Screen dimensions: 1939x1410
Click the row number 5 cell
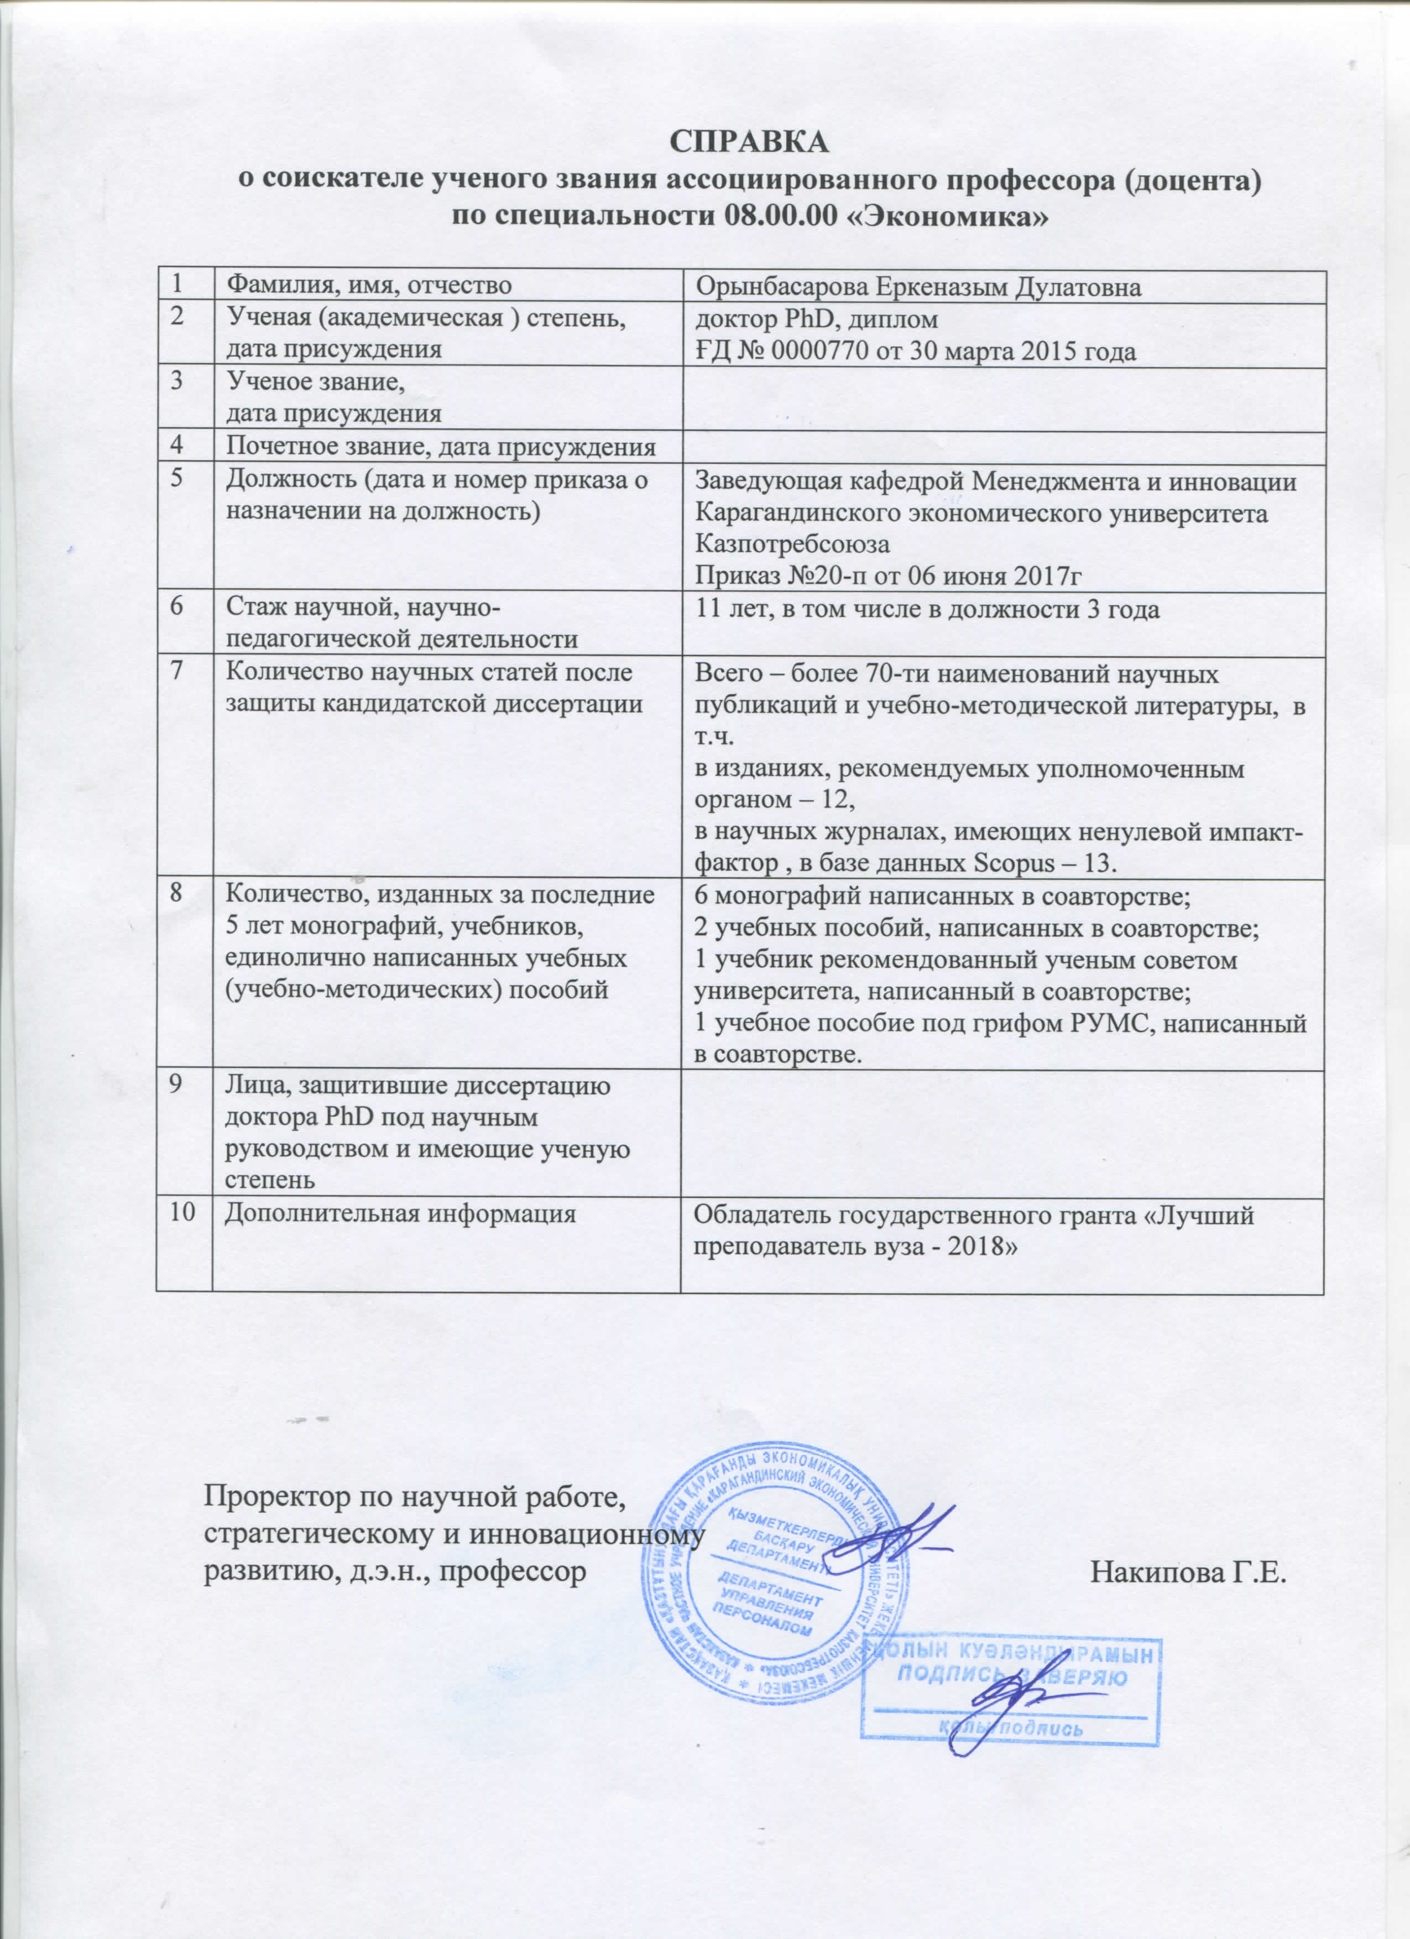[x=177, y=480]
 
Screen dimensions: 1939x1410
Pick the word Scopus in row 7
[x=1014, y=863]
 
